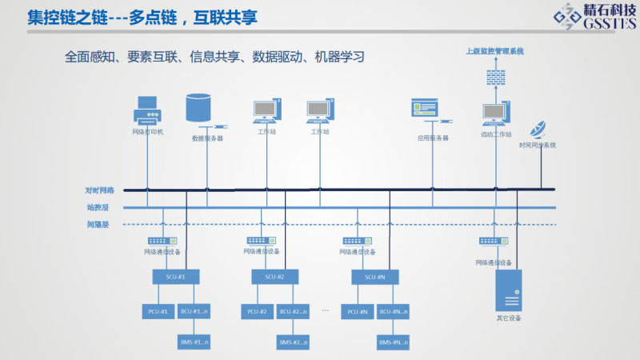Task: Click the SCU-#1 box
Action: click(176, 277)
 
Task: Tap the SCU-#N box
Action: click(374, 277)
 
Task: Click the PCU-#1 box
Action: click(157, 310)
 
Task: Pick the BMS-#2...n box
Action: click(293, 342)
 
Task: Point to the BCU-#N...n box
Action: click(394, 310)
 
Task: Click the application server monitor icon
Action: click(424, 110)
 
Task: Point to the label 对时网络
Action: click(100, 190)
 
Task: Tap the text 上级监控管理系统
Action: click(495, 51)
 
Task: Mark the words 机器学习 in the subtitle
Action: click(339, 58)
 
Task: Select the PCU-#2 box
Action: click(256, 310)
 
